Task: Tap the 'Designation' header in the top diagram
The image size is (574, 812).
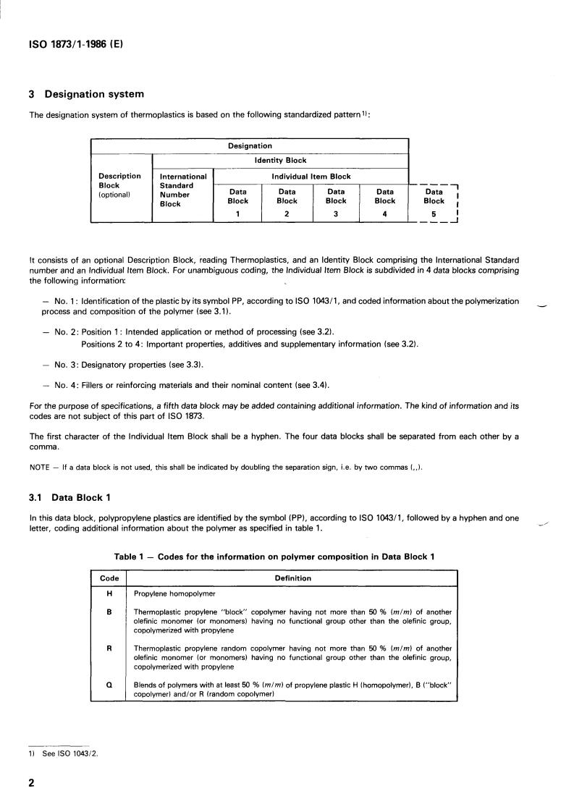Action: (x=250, y=146)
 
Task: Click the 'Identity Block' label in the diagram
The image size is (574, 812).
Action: (x=281, y=161)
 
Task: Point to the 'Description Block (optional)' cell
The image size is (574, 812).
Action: (x=119, y=185)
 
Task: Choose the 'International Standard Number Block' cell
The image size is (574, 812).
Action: (x=182, y=190)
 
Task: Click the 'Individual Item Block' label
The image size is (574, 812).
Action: (x=311, y=176)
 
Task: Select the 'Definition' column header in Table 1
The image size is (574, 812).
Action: (x=293, y=578)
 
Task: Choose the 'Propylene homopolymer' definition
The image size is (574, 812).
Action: (x=174, y=593)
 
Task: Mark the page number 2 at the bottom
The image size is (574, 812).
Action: (x=31, y=784)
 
